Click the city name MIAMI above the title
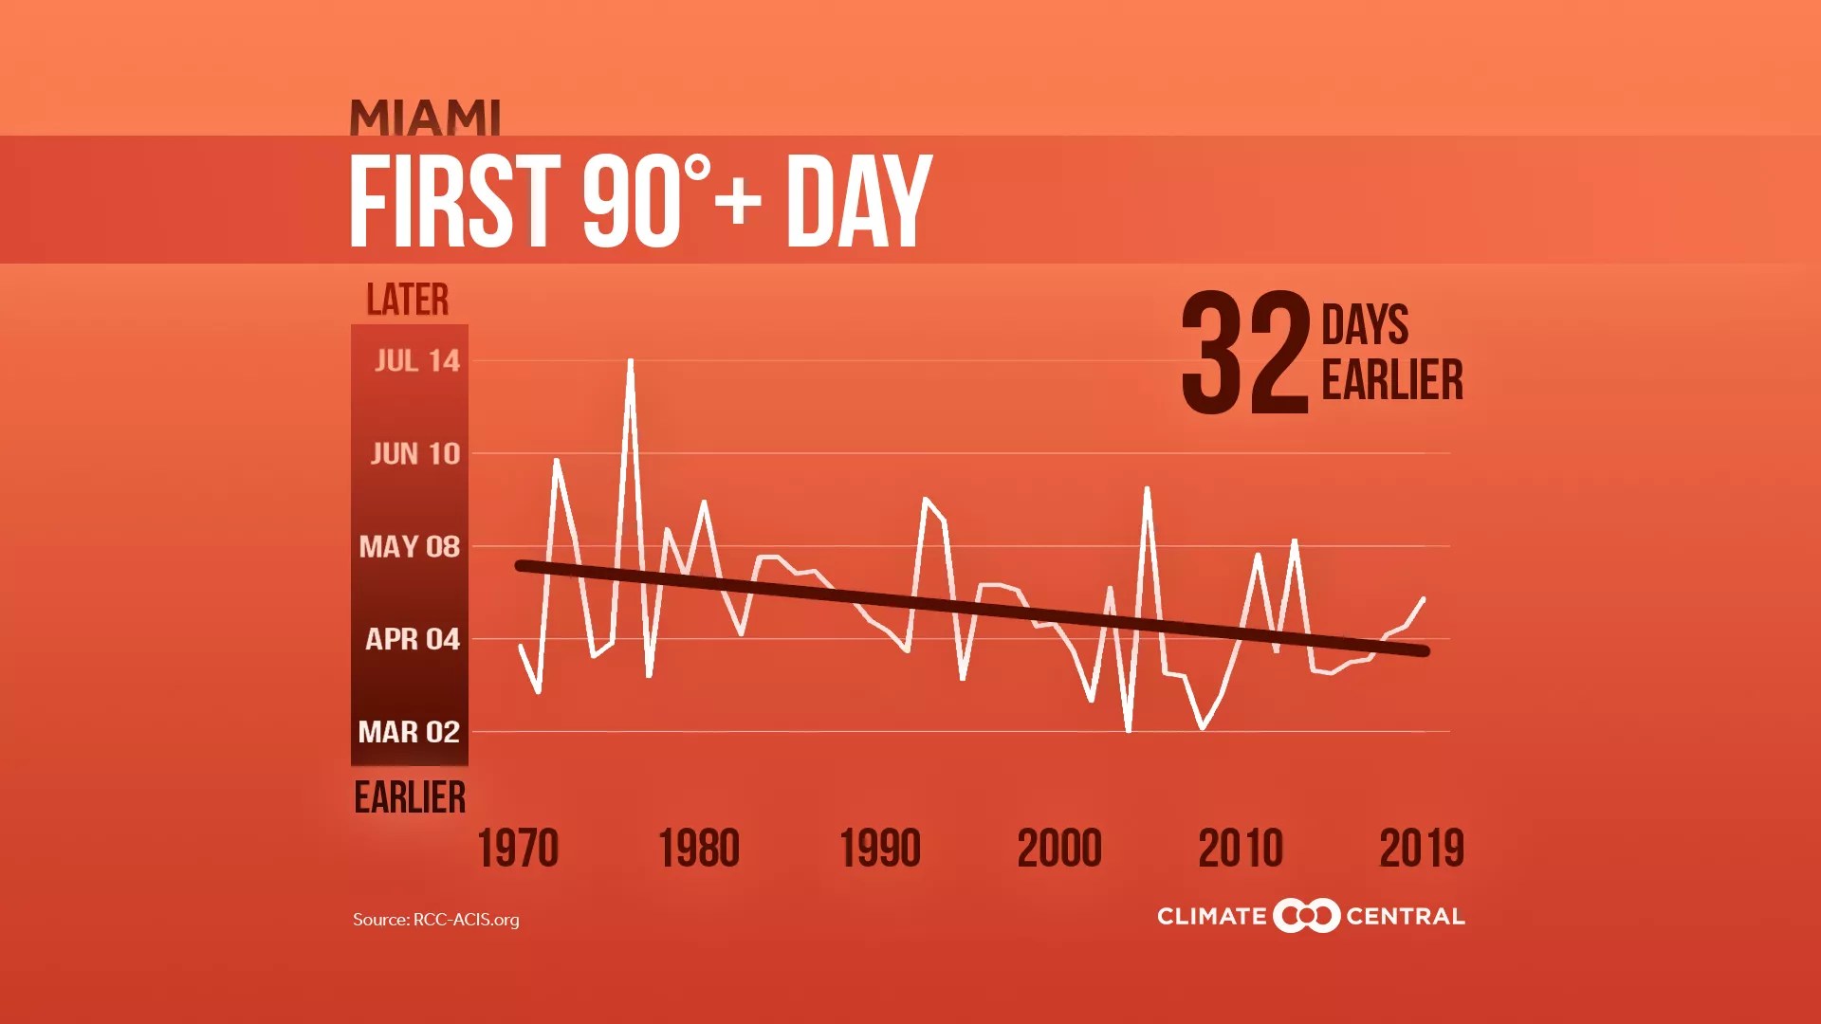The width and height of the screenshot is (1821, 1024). click(425, 119)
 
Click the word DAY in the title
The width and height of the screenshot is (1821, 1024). click(858, 201)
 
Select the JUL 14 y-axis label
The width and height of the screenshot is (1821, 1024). click(417, 361)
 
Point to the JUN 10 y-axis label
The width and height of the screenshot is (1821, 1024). click(415, 454)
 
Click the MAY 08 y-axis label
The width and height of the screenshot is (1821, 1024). click(410, 547)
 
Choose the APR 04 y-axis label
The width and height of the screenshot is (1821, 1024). click(413, 640)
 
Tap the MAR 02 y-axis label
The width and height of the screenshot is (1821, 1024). click(409, 733)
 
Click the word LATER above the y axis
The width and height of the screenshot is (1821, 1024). click(408, 300)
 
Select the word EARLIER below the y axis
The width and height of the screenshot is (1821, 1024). click(410, 797)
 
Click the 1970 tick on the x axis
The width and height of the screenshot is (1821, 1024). click(518, 849)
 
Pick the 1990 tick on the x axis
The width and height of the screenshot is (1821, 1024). click(880, 849)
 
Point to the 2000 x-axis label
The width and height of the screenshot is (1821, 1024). click(1059, 849)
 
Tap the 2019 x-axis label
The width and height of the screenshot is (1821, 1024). click(1422, 849)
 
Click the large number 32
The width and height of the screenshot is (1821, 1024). click(1245, 354)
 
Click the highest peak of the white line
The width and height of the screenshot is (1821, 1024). click(631, 361)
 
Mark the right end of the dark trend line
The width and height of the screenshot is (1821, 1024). click(1424, 650)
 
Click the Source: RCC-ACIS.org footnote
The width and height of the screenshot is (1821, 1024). click(436, 920)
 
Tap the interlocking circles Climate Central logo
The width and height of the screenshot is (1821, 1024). click(1306, 916)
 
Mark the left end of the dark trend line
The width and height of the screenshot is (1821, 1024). click(520, 566)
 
